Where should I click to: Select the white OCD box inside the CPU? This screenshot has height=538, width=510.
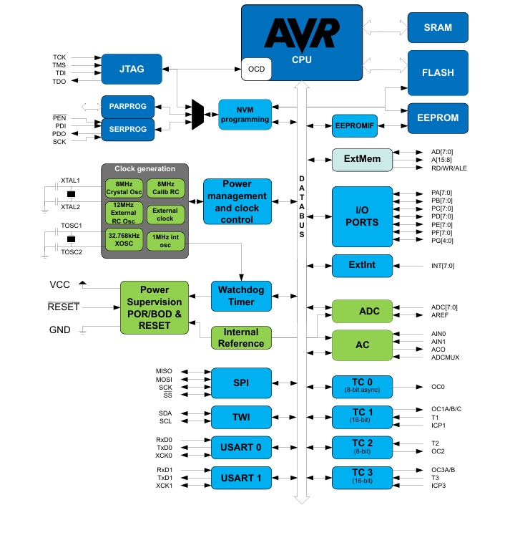click(255, 69)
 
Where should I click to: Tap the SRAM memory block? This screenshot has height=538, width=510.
click(438, 28)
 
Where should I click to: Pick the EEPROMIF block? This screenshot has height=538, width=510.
click(354, 126)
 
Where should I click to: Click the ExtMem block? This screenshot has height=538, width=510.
click(362, 159)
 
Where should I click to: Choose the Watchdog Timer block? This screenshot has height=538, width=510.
click(242, 296)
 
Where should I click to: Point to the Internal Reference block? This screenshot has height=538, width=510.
click(242, 338)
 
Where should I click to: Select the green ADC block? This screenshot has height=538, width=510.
click(362, 311)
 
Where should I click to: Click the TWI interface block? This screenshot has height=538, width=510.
click(242, 417)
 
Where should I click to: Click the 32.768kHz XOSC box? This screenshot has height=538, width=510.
click(124, 240)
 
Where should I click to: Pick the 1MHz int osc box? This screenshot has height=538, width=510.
click(166, 240)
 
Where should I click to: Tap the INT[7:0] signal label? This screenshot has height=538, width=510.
click(443, 266)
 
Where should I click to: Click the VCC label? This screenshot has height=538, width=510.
click(60, 284)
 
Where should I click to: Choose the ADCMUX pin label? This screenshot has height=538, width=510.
click(444, 356)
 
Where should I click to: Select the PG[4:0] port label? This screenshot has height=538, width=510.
click(443, 241)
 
